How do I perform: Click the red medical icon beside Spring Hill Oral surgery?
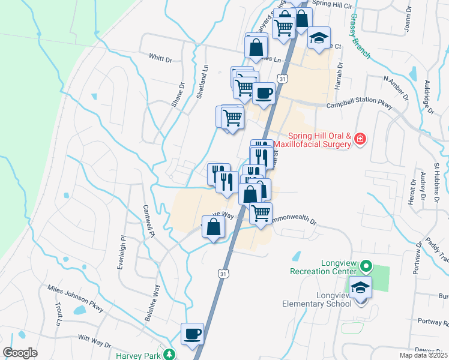click(360, 139)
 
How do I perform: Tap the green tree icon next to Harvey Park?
click(170, 354)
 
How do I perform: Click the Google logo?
click(20, 353)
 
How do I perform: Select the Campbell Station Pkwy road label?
click(358, 106)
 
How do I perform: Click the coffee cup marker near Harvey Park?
click(193, 333)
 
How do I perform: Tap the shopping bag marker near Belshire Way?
click(214, 227)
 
